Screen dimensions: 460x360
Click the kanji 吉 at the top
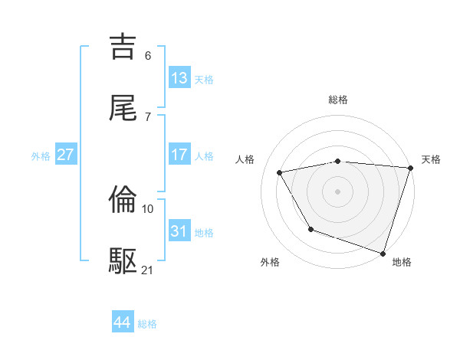pyautogui.click(x=123, y=47)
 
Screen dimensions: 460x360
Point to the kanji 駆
pyautogui.click(x=123, y=261)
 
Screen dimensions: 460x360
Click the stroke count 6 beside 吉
pyautogui.click(x=147, y=55)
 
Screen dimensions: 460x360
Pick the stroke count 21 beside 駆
pyautogui.click(x=148, y=270)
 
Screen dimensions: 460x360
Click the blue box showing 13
pyautogui.click(x=179, y=78)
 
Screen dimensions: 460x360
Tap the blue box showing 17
pyautogui.click(x=179, y=155)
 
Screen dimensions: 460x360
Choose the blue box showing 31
pyautogui.click(x=179, y=231)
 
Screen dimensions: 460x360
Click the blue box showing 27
pyautogui.click(x=65, y=155)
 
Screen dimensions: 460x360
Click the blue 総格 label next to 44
pyautogui.click(x=147, y=324)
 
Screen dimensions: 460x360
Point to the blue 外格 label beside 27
pyautogui.click(x=41, y=156)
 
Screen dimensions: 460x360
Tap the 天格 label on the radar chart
pyautogui.click(x=431, y=159)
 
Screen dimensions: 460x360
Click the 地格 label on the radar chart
pyautogui.click(x=402, y=262)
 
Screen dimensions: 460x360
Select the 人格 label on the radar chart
pyautogui.click(x=246, y=159)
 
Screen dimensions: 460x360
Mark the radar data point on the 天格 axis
pyautogui.click(x=410, y=168)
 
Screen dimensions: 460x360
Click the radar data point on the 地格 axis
pyautogui.click(x=383, y=253)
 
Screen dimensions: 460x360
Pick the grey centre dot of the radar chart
pyautogui.click(x=337, y=191)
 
